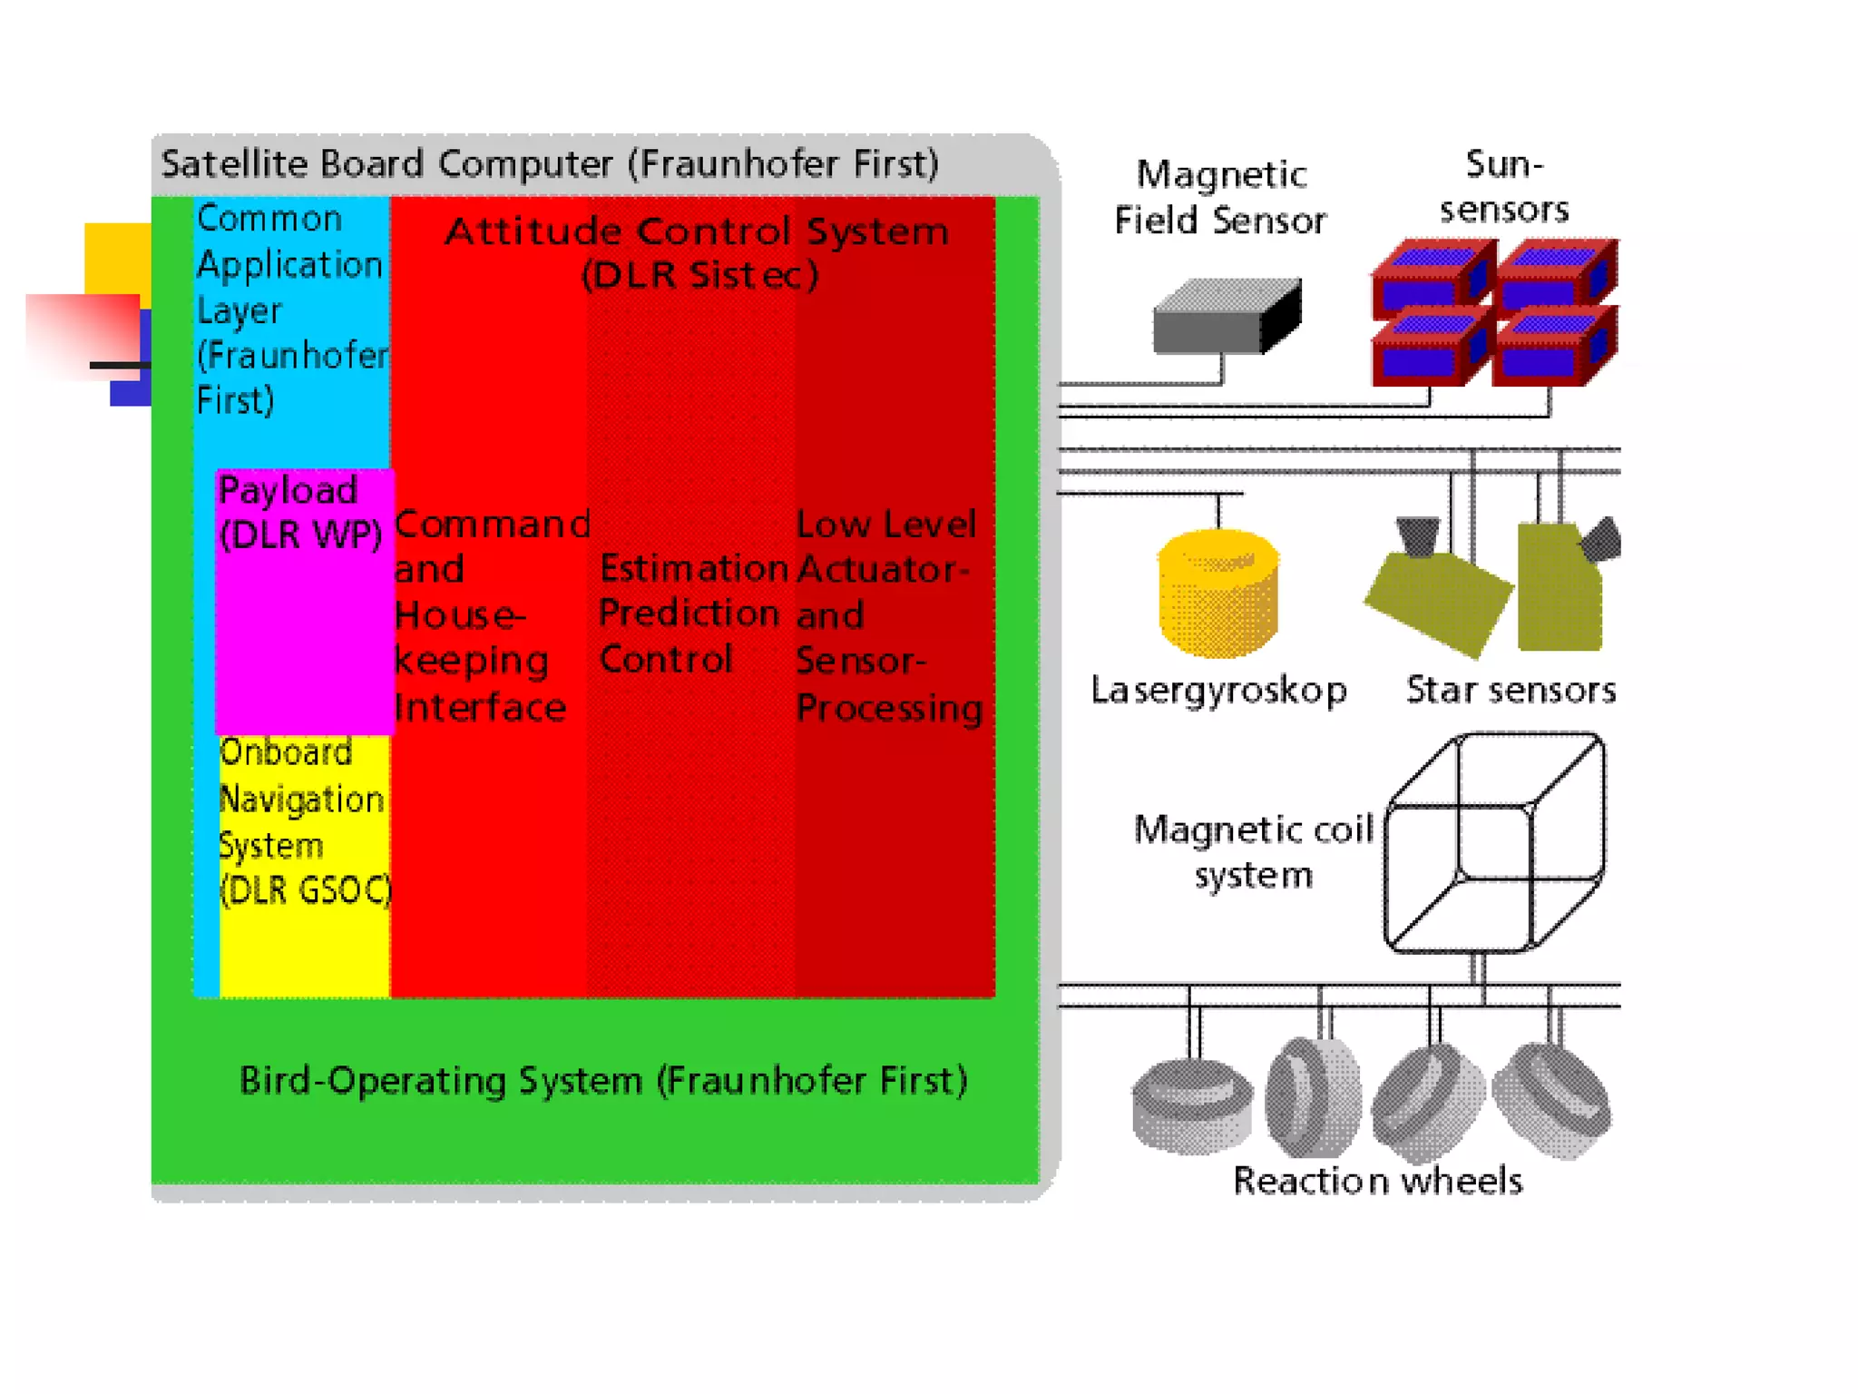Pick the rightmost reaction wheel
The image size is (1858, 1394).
tap(1552, 1100)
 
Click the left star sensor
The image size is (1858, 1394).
tap(1437, 590)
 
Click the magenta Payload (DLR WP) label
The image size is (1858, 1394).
tap(300, 513)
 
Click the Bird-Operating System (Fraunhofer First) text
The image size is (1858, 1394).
tap(603, 1081)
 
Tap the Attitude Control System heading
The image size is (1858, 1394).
tap(697, 251)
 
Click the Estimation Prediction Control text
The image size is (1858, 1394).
tap(691, 614)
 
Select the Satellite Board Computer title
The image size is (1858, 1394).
tap(549, 164)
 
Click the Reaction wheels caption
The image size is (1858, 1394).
tap(1377, 1181)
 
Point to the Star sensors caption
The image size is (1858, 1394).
tap(1511, 690)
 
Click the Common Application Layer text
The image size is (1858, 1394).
tap(290, 309)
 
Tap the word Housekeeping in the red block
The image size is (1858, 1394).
tap(472, 638)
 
